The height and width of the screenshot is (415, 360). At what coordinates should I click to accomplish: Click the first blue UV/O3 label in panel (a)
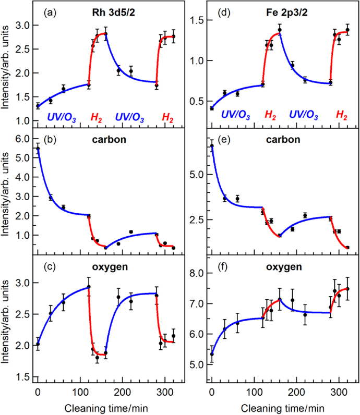pos(62,118)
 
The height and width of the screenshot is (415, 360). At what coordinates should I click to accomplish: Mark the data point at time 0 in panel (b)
pos(38,149)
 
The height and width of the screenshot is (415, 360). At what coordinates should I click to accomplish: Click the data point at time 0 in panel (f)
pos(211,354)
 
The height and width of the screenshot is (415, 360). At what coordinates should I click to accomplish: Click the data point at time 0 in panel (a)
pos(38,106)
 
